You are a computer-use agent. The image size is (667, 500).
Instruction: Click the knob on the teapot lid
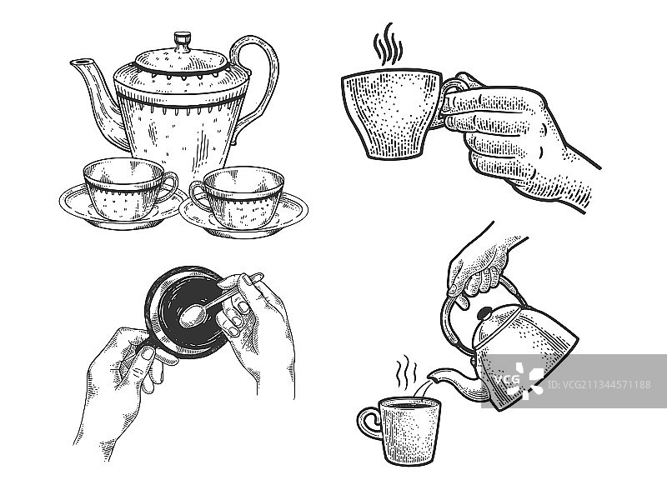tap(182, 39)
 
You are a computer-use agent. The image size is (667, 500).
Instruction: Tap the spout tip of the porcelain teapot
tap(76, 62)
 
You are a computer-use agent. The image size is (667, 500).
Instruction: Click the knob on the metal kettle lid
tap(484, 313)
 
